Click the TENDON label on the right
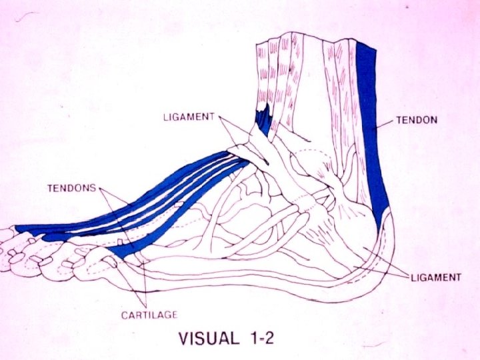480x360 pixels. point(417,121)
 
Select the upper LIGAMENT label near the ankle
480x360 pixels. point(189,117)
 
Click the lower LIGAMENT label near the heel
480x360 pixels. point(435,277)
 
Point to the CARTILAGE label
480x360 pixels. point(149,314)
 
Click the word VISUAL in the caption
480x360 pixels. point(207,339)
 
